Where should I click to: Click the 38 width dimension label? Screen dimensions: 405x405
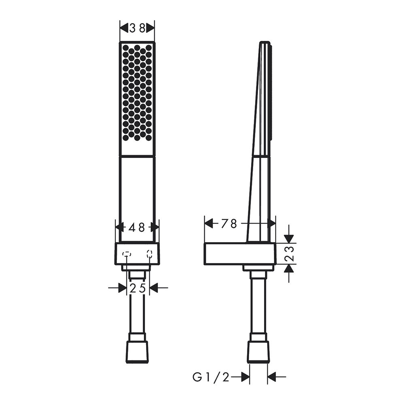137,28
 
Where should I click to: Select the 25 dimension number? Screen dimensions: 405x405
138,288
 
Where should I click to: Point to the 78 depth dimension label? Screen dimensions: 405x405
229,224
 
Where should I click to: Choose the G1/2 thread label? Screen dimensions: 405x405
211,377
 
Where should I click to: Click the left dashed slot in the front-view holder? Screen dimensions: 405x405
126,254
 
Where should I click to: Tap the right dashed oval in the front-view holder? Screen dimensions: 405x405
149,254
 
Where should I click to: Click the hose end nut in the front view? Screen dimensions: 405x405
137,350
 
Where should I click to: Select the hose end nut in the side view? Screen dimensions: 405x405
258,350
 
